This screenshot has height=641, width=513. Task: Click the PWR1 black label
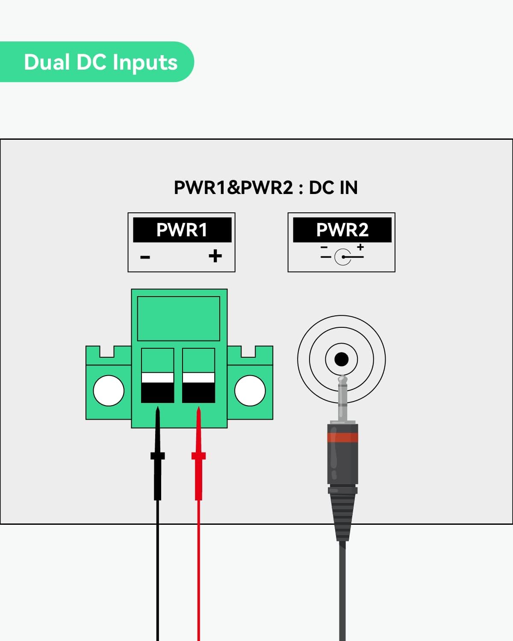click(182, 230)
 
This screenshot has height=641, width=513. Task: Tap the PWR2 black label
click(342, 230)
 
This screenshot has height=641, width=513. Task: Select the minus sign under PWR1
click(145, 257)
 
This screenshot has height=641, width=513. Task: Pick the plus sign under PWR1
click(215, 256)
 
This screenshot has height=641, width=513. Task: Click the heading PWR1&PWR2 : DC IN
click(265, 188)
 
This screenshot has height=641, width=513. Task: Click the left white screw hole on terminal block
click(109, 390)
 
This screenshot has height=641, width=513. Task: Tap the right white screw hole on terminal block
click(250, 390)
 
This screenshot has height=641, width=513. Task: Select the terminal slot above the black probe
click(157, 376)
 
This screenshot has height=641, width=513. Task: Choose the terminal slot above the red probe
click(198, 376)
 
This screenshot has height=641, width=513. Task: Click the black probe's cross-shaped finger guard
click(157, 456)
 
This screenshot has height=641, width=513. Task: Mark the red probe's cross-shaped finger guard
click(198, 456)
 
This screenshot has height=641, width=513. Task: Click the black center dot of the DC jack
click(341, 359)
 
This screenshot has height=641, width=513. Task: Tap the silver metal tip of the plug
click(342, 397)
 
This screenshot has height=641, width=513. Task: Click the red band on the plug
click(342, 437)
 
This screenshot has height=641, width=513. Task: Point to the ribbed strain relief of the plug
click(342, 513)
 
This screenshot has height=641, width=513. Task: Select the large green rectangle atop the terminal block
click(179, 318)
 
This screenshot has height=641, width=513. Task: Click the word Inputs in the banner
click(145, 62)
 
